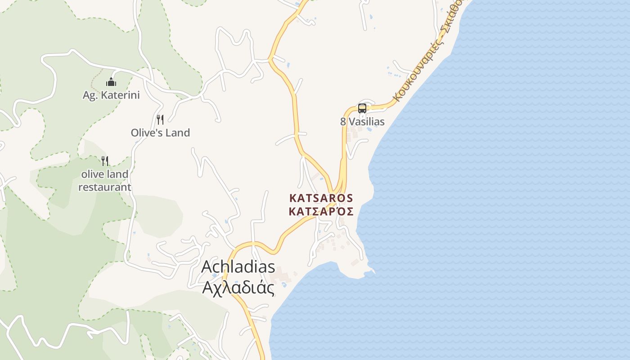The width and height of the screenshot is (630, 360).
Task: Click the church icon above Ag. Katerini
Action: point(111,82)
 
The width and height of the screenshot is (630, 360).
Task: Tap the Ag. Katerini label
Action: point(111,95)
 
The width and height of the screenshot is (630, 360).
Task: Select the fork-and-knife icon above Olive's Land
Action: point(160,119)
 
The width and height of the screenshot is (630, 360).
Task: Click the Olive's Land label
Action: point(160,133)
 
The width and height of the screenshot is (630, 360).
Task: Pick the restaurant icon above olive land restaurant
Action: point(105,161)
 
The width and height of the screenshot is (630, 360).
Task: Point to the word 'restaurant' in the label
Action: point(105,187)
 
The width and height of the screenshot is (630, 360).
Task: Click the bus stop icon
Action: point(362,108)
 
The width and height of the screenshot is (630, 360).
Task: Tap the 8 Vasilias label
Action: point(362,121)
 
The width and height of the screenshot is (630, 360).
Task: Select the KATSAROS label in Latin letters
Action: point(321,198)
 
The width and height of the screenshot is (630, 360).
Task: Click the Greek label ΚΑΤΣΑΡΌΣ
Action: point(321,211)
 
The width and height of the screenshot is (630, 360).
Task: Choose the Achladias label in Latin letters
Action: point(238,266)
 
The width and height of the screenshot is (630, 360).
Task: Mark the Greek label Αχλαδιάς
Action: point(238,287)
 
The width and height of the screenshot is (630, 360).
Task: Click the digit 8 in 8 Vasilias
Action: point(343,121)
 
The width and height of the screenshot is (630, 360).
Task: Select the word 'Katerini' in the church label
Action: point(121,95)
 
